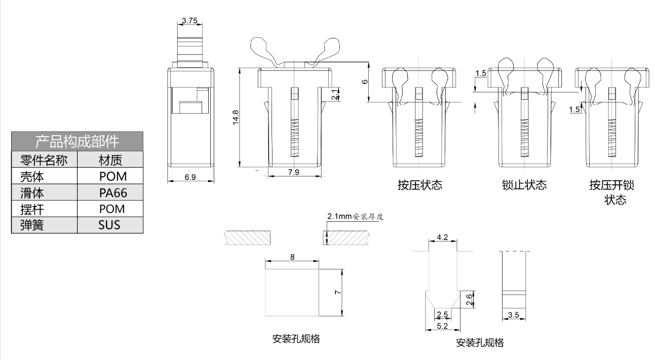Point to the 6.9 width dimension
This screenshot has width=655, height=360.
190,177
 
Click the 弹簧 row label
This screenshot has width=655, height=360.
31,225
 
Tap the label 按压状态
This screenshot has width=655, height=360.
420,185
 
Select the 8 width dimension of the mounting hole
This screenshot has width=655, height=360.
292,257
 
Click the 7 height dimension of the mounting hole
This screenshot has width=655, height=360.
338,292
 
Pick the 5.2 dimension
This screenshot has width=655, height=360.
442,326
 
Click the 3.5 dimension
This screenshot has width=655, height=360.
513,315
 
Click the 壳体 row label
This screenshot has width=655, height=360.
31,176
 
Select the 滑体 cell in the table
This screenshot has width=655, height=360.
31,192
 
